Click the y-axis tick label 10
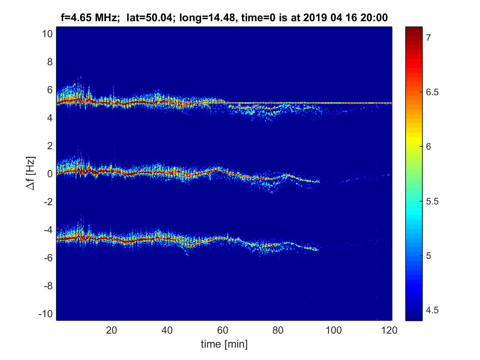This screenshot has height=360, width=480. pos(47,34)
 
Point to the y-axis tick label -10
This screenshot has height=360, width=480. pos(45,314)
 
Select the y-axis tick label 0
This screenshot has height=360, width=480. pos(50,174)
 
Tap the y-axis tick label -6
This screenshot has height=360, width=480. pos(47,258)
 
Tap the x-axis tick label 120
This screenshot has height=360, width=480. pos(389,330)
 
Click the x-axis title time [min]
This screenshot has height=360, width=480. pos(224,344)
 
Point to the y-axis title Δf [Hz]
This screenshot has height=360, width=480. pos(31,174)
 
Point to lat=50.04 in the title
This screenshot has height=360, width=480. pos(146,17)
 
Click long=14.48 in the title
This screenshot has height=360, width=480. pos(196,17)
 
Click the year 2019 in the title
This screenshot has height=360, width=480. pos(314,17)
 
